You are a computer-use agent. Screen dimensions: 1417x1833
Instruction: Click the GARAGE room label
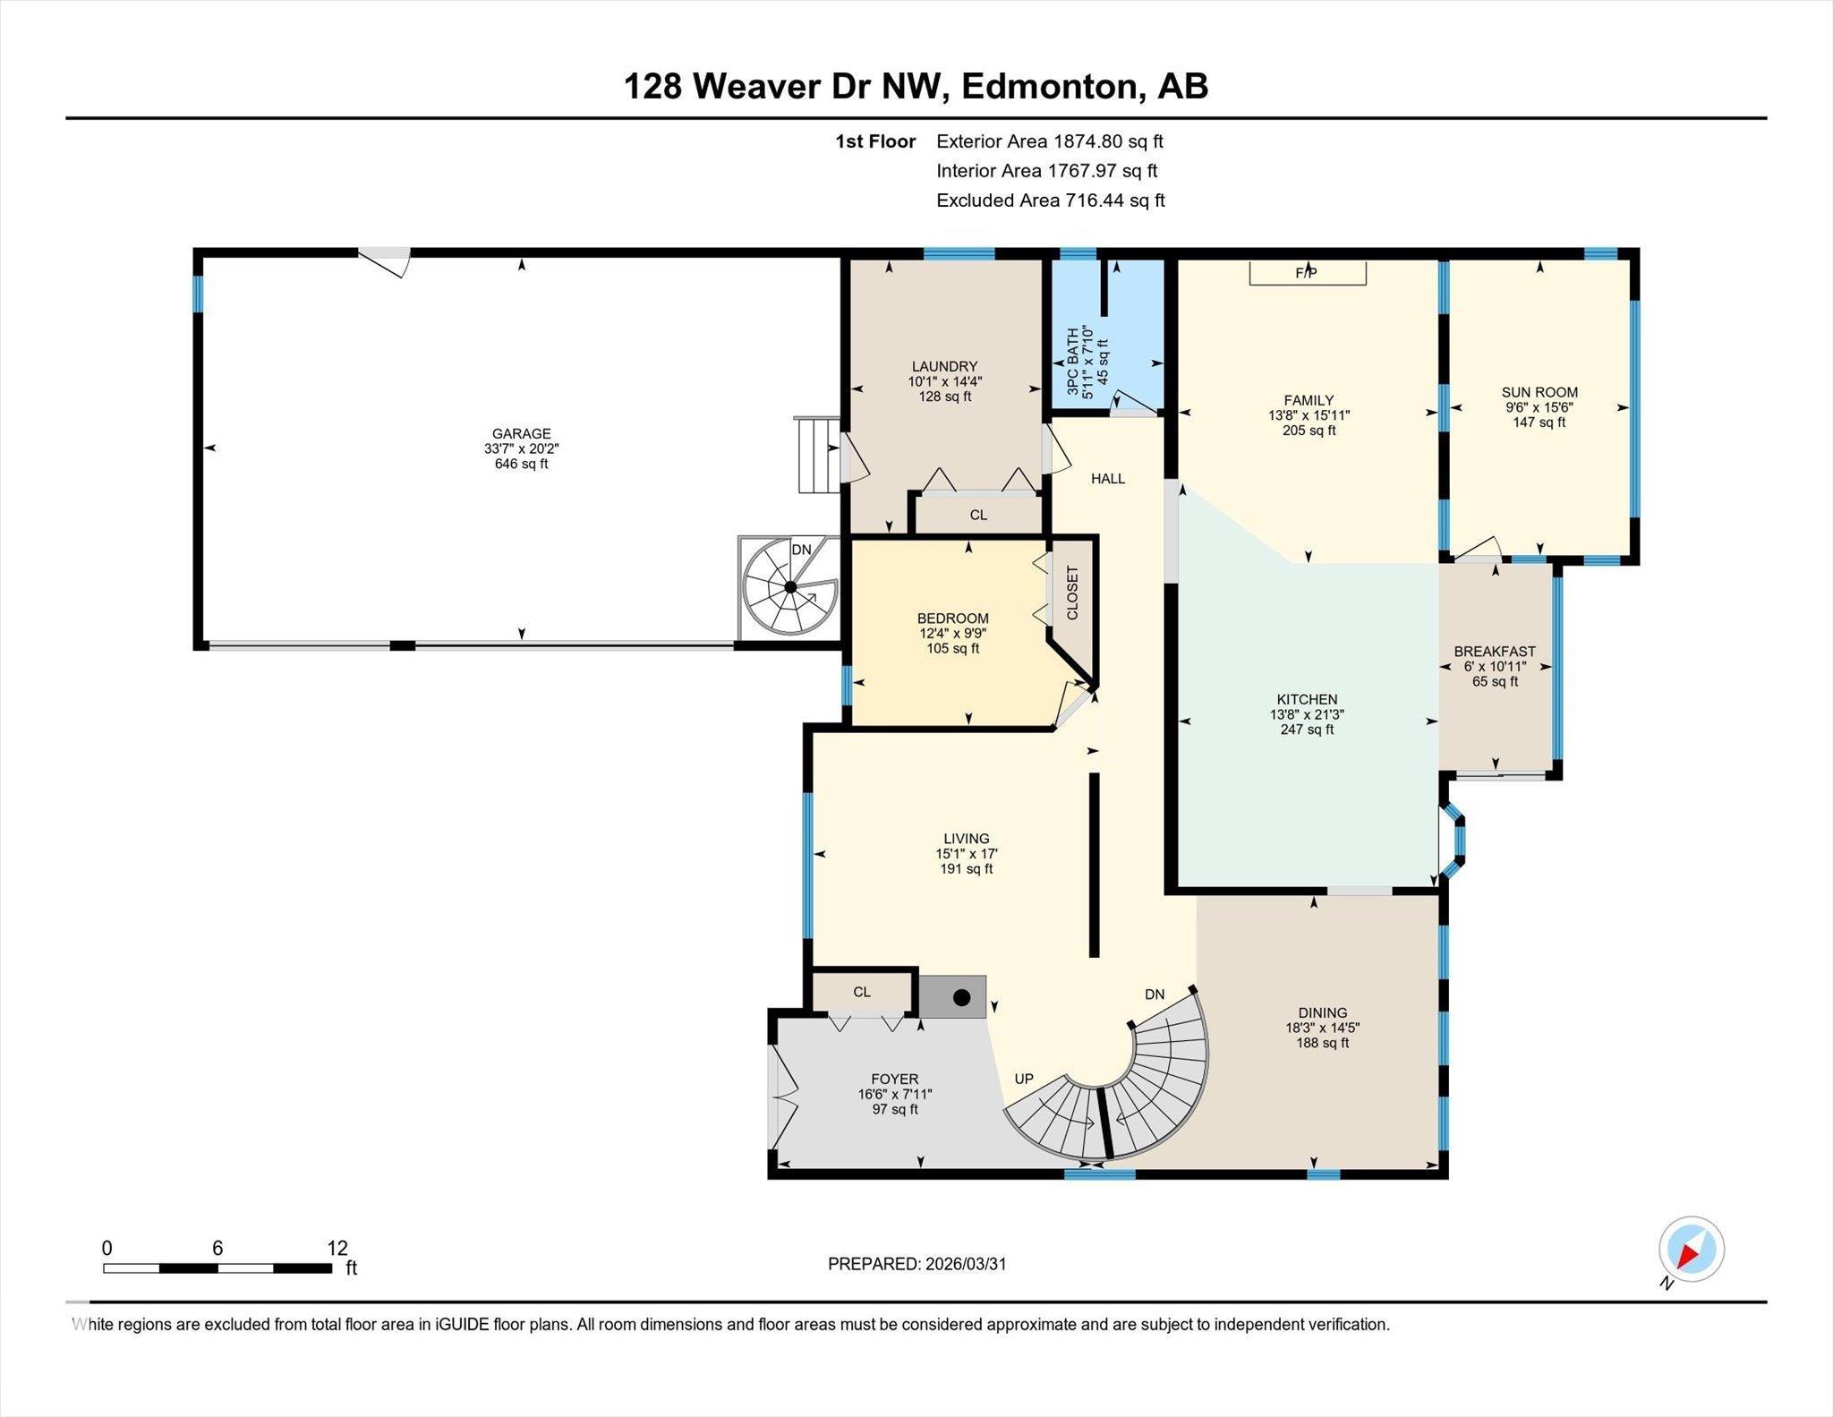click(x=521, y=433)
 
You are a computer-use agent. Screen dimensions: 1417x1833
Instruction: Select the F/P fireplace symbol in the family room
click(x=1307, y=272)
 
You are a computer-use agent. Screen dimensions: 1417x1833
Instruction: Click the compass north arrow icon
click(x=1691, y=1250)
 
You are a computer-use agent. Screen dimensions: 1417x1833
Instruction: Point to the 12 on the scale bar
click(x=337, y=1248)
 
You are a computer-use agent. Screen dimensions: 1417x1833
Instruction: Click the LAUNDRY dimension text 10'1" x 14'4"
click(x=944, y=381)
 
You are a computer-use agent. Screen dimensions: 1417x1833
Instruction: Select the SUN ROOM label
click(x=1539, y=392)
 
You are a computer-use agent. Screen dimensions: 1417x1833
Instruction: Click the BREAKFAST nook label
click(x=1495, y=652)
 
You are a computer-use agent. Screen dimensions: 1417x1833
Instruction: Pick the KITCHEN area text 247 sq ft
click(x=1307, y=730)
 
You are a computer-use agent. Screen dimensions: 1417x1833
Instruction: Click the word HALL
click(x=1108, y=479)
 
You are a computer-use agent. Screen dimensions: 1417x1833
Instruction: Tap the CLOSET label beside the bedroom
click(x=1072, y=593)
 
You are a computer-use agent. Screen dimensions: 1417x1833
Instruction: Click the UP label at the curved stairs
click(x=1024, y=1079)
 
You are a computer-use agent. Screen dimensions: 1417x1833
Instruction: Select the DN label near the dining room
click(x=1155, y=994)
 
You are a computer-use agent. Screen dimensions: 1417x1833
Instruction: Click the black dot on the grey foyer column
click(x=961, y=997)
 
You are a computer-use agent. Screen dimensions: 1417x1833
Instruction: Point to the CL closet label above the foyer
click(x=862, y=992)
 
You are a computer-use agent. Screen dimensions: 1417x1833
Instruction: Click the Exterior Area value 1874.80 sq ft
click(x=1108, y=141)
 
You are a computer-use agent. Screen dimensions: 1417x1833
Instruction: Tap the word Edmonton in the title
click(x=1053, y=87)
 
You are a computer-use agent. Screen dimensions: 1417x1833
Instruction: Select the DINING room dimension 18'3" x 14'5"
click(x=1323, y=1029)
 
